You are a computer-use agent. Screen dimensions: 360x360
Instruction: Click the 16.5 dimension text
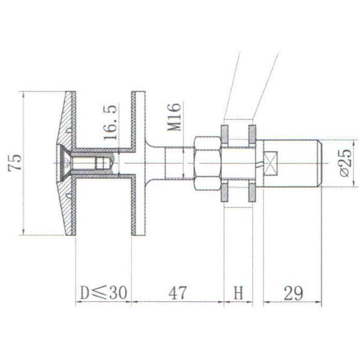111,122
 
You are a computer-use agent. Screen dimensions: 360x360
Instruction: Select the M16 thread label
174,116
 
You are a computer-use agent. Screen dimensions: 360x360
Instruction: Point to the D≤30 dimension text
103,293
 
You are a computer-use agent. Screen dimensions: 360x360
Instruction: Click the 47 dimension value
177,293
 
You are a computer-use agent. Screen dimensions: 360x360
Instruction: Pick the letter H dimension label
238,293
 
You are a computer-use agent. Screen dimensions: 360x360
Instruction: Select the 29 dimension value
292,293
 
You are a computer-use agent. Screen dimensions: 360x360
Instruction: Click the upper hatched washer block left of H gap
225,131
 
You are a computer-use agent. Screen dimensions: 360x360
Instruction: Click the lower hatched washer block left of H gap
225,194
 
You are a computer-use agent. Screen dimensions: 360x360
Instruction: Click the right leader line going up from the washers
266,84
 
